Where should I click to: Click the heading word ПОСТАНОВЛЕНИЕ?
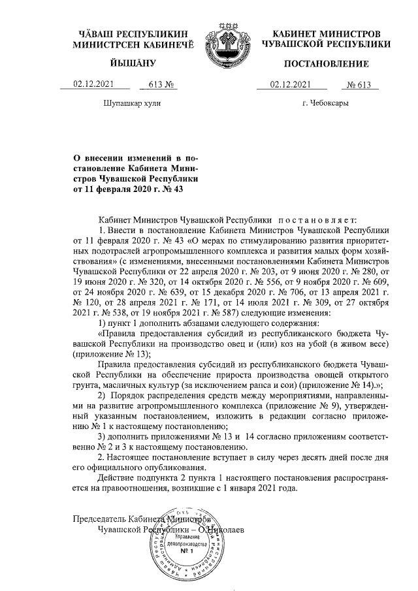pyautogui.click(x=327, y=63)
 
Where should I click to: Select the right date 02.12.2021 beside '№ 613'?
pyautogui.click(x=290, y=84)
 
